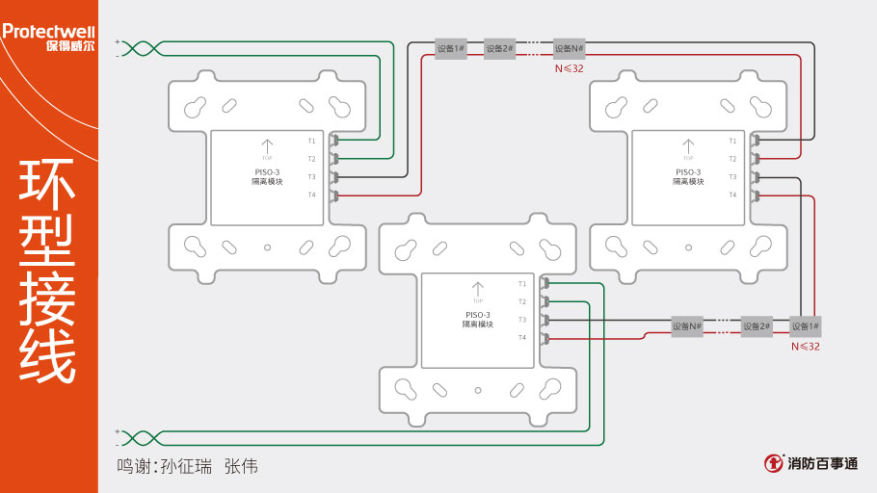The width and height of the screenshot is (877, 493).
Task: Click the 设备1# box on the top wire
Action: click(x=451, y=49)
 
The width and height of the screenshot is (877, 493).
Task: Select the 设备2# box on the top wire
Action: click(x=499, y=49)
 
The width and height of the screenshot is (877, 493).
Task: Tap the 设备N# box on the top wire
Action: click(x=570, y=49)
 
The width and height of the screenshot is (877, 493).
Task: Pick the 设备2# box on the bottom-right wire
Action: click(x=757, y=326)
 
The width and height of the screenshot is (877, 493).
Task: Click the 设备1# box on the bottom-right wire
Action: click(x=806, y=326)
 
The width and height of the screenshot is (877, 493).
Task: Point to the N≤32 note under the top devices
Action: click(x=569, y=68)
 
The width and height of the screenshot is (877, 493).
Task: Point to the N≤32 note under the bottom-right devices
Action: click(x=806, y=346)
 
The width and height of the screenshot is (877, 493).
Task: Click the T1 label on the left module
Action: click(x=312, y=141)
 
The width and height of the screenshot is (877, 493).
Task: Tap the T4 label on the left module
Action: click(x=312, y=195)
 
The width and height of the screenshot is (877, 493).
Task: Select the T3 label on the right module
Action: click(x=732, y=177)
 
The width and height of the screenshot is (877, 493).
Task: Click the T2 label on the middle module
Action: click(x=522, y=301)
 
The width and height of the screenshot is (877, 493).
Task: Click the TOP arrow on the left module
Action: click(x=268, y=147)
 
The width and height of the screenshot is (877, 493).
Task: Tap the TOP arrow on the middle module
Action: click(x=478, y=290)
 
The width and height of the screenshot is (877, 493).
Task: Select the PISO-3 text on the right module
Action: click(x=688, y=171)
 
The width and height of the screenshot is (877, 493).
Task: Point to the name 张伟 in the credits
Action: click(x=241, y=466)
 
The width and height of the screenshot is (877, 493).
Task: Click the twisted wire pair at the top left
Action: click(x=139, y=48)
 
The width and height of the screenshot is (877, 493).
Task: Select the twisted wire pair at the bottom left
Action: click(x=139, y=438)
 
